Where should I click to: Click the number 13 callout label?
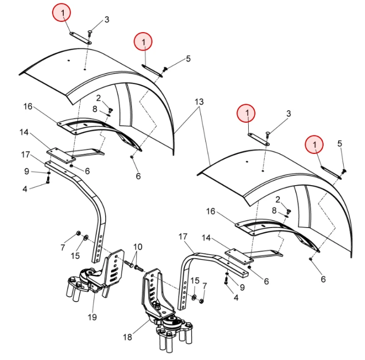point(199,102)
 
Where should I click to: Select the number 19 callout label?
point(92,318)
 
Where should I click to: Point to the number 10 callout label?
point(138,246)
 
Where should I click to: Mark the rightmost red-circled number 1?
point(314,144)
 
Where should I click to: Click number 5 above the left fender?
point(188,59)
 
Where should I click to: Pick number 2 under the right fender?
point(277,199)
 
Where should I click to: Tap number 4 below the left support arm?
point(24,189)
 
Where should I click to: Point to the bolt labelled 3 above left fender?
point(90,33)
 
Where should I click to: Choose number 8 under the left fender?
point(95,109)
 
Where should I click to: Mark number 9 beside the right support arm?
point(242,287)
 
